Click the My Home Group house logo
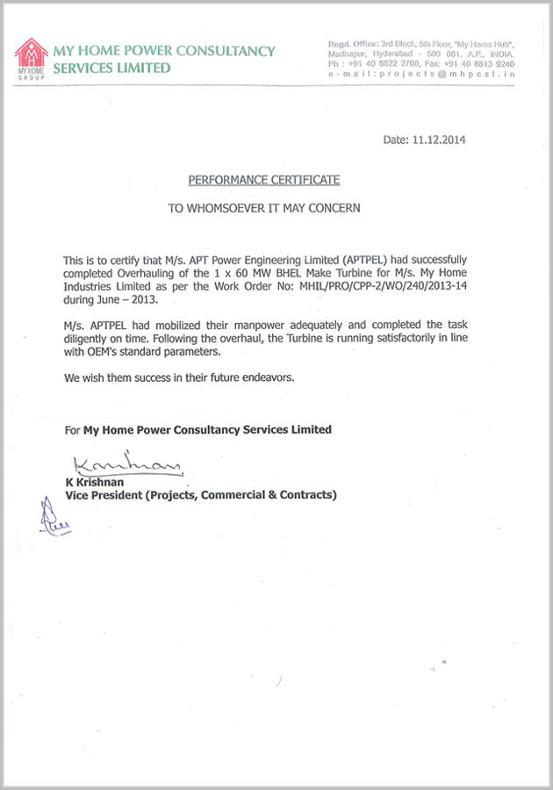click(32, 58)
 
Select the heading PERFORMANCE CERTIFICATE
click(264, 180)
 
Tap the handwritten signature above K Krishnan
click(125, 462)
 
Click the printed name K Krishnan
click(94, 483)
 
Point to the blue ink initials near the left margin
click(52, 516)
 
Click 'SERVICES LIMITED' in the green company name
click(111, 68)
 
